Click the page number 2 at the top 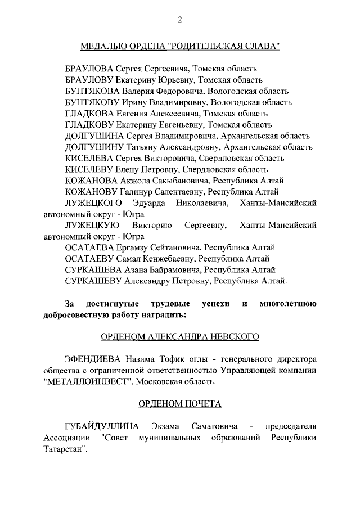point(180,21)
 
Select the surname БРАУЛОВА point(92,69)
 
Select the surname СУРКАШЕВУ point(93,281)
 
